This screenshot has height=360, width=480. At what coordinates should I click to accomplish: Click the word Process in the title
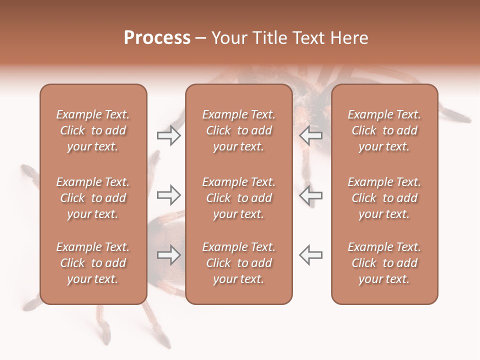(157, 38)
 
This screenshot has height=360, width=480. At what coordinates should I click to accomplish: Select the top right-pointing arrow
(168, 135)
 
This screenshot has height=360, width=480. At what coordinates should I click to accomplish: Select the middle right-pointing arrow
(168, 194)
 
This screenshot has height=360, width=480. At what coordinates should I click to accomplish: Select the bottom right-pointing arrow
(168, 255)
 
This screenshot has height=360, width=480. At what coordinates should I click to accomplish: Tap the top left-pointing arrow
(310, 135)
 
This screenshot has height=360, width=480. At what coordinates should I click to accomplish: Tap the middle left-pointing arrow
(310, 194)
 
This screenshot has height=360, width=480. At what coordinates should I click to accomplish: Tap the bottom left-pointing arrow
(310, 255)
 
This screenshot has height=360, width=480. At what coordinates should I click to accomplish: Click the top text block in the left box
(93, 130)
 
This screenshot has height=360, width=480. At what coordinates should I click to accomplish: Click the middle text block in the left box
(93, 198)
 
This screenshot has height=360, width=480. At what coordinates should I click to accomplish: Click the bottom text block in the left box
(93, 263)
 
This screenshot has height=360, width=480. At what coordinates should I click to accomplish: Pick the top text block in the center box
(238, 130)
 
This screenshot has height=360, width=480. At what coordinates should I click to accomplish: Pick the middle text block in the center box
(238, 198)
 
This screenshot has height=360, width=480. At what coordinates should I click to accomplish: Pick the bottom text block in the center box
(238, 263)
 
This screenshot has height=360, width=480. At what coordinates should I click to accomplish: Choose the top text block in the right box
(384, 130)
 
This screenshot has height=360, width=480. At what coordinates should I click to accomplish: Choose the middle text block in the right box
(384, 198)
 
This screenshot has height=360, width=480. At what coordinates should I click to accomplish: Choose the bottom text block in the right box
(384, 263)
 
